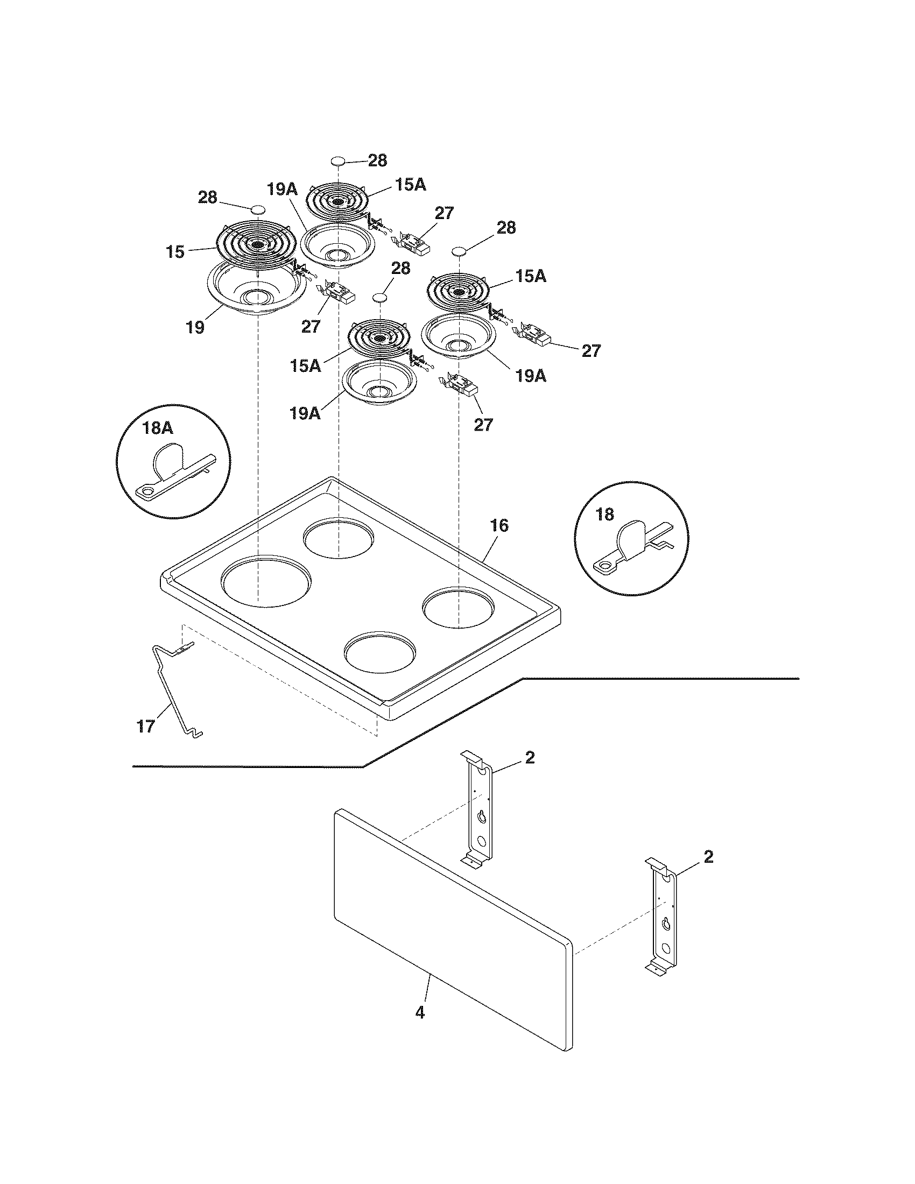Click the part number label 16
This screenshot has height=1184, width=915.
[x=499, y=525]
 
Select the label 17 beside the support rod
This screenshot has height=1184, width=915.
[x=146, y=726]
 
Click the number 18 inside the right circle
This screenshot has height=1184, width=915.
[x=605, y=515]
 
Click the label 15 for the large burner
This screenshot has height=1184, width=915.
[x=175, y=252]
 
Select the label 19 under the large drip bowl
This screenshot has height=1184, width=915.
[x=195, y=327]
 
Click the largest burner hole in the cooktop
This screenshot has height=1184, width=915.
[x=265, y=580]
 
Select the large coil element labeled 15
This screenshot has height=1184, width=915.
[x=256, y=244]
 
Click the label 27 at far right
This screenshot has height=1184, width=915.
[x=591, y=351]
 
